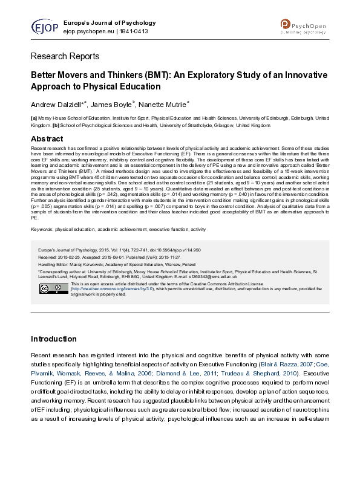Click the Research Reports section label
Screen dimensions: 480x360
click(65, 57)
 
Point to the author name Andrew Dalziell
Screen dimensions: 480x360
click(58, 105)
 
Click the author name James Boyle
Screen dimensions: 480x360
click(113, 105)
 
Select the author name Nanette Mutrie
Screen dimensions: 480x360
click(163, 105)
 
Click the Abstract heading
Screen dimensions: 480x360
click(47, 139)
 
